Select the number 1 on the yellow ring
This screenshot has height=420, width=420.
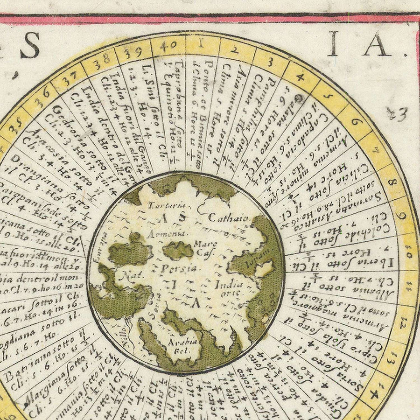[x=201, y=44]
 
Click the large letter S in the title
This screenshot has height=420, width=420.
[x=30, y=46]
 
